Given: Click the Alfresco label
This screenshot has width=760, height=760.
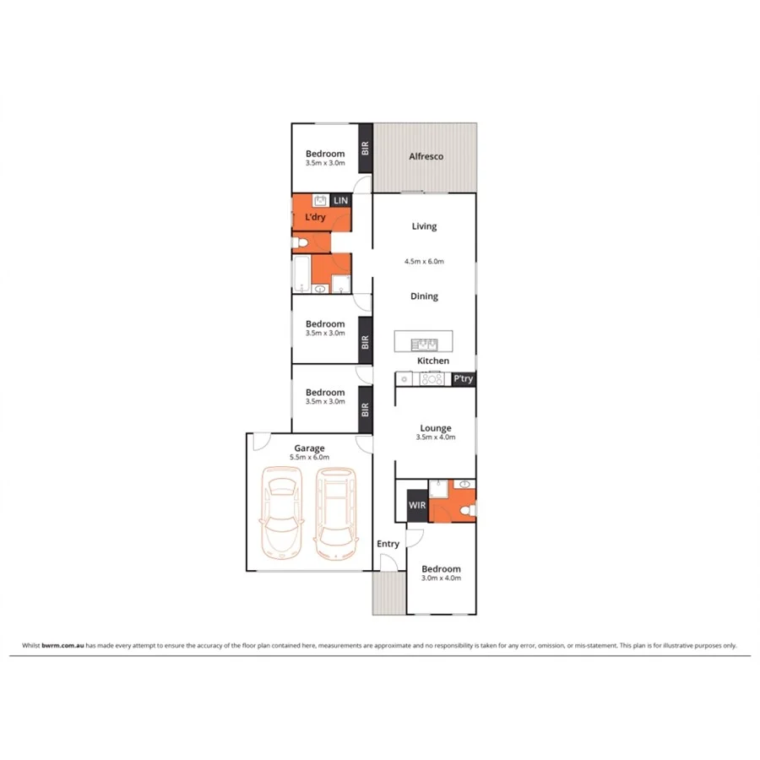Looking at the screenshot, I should pos(426,156).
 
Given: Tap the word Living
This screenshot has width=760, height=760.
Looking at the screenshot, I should pos(424,226).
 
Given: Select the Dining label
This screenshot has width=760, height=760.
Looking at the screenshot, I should pos(424,296).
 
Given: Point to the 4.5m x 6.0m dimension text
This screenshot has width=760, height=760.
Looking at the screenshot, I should pos(424,262).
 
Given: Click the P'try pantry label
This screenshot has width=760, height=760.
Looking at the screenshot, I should pos(463,379).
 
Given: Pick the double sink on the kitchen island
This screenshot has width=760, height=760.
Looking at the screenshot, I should pos(423,343).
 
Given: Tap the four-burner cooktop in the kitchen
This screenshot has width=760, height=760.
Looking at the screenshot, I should pos(432,379).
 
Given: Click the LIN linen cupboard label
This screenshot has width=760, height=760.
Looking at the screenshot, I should pos(340,200).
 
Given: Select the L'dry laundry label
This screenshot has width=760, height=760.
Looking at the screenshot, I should pos(315,218).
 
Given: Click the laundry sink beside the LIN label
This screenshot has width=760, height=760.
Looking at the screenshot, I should pos(320,201).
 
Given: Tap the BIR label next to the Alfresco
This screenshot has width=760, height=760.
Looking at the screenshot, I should pos(366,148).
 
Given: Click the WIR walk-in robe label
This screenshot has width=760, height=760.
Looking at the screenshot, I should pos(417,505).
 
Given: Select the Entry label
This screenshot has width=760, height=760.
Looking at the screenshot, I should pos(388,544).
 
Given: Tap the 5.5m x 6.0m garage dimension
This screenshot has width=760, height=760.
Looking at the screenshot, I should pos(309,457).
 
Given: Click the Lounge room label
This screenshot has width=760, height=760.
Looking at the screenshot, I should pos(436,428).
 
